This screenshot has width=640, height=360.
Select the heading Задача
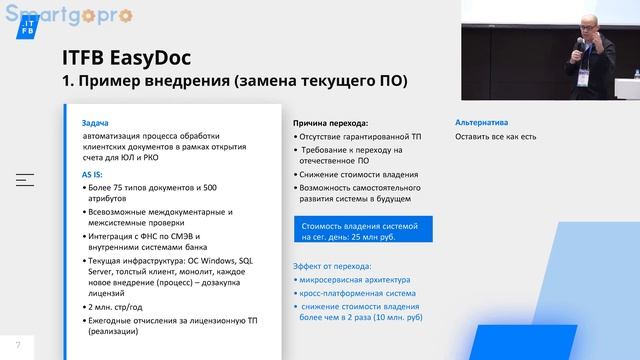(x=96, y=122)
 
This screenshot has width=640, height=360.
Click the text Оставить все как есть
(x=496, y=136)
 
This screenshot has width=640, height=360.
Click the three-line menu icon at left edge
(x=24, y=180)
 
